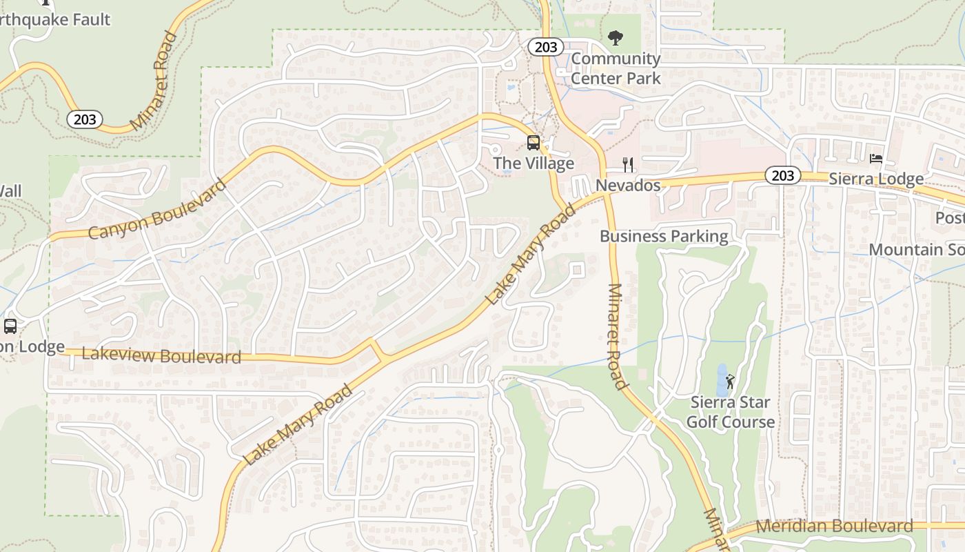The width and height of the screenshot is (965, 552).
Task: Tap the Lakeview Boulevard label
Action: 161,355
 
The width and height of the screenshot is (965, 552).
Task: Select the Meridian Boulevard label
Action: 834,526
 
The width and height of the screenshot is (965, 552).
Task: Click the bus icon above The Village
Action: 534,143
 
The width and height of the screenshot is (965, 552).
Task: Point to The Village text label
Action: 534,164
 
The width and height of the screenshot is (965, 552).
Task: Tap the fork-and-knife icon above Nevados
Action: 627,164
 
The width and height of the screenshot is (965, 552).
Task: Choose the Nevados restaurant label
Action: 628,185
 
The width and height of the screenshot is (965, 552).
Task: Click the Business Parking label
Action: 664,236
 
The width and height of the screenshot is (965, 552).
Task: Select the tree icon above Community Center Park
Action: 616,38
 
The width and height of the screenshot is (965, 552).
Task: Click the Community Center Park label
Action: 616,68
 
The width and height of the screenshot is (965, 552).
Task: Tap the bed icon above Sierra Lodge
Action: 875,159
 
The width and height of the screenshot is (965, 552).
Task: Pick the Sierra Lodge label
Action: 875,179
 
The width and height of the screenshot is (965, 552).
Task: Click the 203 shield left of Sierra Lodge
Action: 782,175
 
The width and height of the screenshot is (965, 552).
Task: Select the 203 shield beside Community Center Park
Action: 546,47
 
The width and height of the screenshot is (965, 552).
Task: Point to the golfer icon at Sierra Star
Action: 731,381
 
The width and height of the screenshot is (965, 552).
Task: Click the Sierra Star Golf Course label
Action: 731,412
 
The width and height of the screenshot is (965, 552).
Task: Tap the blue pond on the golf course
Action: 721,379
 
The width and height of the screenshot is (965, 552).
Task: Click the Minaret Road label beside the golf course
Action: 617,336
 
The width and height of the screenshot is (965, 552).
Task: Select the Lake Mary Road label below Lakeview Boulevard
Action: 298,424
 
